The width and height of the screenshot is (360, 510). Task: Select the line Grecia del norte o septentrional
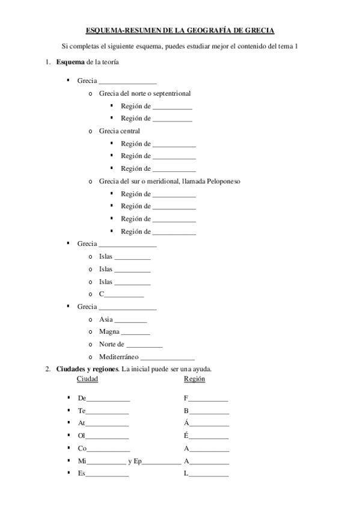click(x=145, y=93)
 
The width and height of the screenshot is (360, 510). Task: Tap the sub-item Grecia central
click(x=119, y=131)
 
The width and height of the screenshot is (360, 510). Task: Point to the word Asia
click(x=106, y=319)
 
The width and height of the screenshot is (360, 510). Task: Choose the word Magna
click(x=109, y=331)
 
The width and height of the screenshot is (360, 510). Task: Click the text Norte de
click(x=111, y=344)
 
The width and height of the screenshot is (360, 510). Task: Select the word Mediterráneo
click(x=119, y=357)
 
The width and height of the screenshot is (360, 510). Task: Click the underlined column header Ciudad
click(x=88, y=379)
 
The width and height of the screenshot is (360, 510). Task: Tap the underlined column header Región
click(x=194, y=379)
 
